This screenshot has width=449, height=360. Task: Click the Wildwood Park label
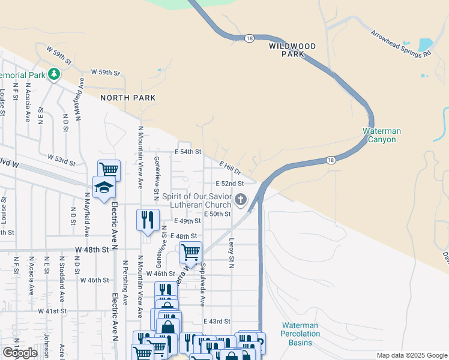(x=292, y=49)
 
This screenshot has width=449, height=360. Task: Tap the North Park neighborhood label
(x=128, y=98)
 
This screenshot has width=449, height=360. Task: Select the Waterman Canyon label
(x=382, y=135)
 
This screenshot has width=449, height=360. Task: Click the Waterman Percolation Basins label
(x=300, y=334)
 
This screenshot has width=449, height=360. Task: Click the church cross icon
(x=240, y=199)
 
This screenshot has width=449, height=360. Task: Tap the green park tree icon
(x=55, y=74)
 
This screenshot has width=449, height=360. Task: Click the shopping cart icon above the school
(x=109, y=170)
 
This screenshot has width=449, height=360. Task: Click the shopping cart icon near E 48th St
(x=190, y=251)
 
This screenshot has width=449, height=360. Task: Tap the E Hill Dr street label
(x=229, y=167)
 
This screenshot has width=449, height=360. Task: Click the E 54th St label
(x=188, y=152)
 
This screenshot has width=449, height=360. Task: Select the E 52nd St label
(x=229, y=184)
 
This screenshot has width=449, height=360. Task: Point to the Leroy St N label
(x=231, y=252)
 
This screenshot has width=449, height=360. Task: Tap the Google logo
(x=20, y=353)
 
